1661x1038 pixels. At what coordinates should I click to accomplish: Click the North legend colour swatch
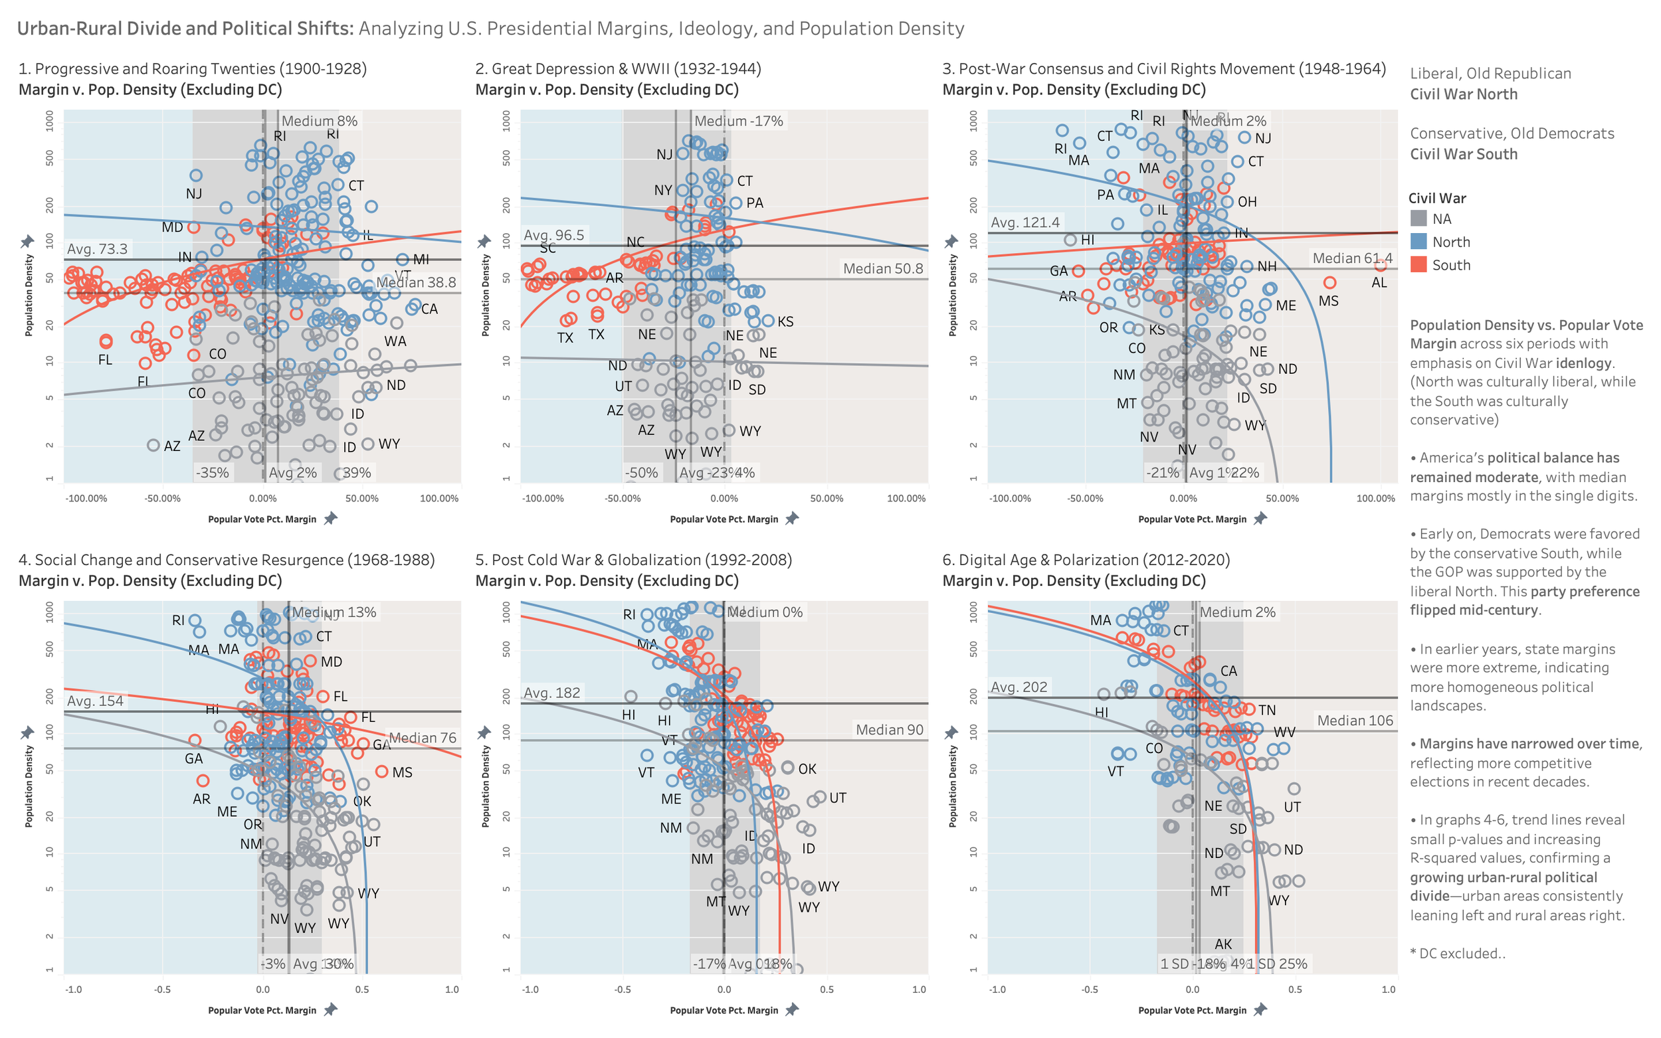[x=1418, y=242]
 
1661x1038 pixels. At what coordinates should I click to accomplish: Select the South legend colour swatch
[x=1418, y=265]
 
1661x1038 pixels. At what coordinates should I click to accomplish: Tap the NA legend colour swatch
[x=1418, y=219]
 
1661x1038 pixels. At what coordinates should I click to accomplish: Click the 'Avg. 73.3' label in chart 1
[x=97, y=249]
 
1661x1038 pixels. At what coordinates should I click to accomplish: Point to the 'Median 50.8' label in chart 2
[x=882, y=268]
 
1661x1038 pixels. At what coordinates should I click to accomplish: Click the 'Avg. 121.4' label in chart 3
[x=1025, y=222]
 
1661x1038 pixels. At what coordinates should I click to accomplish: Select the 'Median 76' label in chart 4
[x=423, y=737]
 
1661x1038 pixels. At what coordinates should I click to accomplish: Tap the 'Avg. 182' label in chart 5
[x=551, y=693]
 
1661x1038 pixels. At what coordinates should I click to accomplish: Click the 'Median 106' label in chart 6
[x=1354, y=720]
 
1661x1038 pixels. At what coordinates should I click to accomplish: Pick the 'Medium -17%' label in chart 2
[x=738, y=121]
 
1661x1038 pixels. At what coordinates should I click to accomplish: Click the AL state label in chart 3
[x=1379, y=283]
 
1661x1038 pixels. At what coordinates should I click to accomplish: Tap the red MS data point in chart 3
[x=1329, y=283]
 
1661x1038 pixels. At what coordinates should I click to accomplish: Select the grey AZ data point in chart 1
[x=153, y=445]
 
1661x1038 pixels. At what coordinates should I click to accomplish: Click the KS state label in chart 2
[x=785, y=322]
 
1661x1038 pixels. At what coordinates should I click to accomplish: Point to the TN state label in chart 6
[x=1267, y=710]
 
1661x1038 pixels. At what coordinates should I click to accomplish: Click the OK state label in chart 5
[x=807, y=769]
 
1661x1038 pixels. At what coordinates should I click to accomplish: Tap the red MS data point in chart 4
[x=382, y=772]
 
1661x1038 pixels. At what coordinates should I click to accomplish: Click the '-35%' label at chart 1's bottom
[x=212, y=472]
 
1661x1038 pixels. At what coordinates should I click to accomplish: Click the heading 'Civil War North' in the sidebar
[x=1463, y=94]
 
